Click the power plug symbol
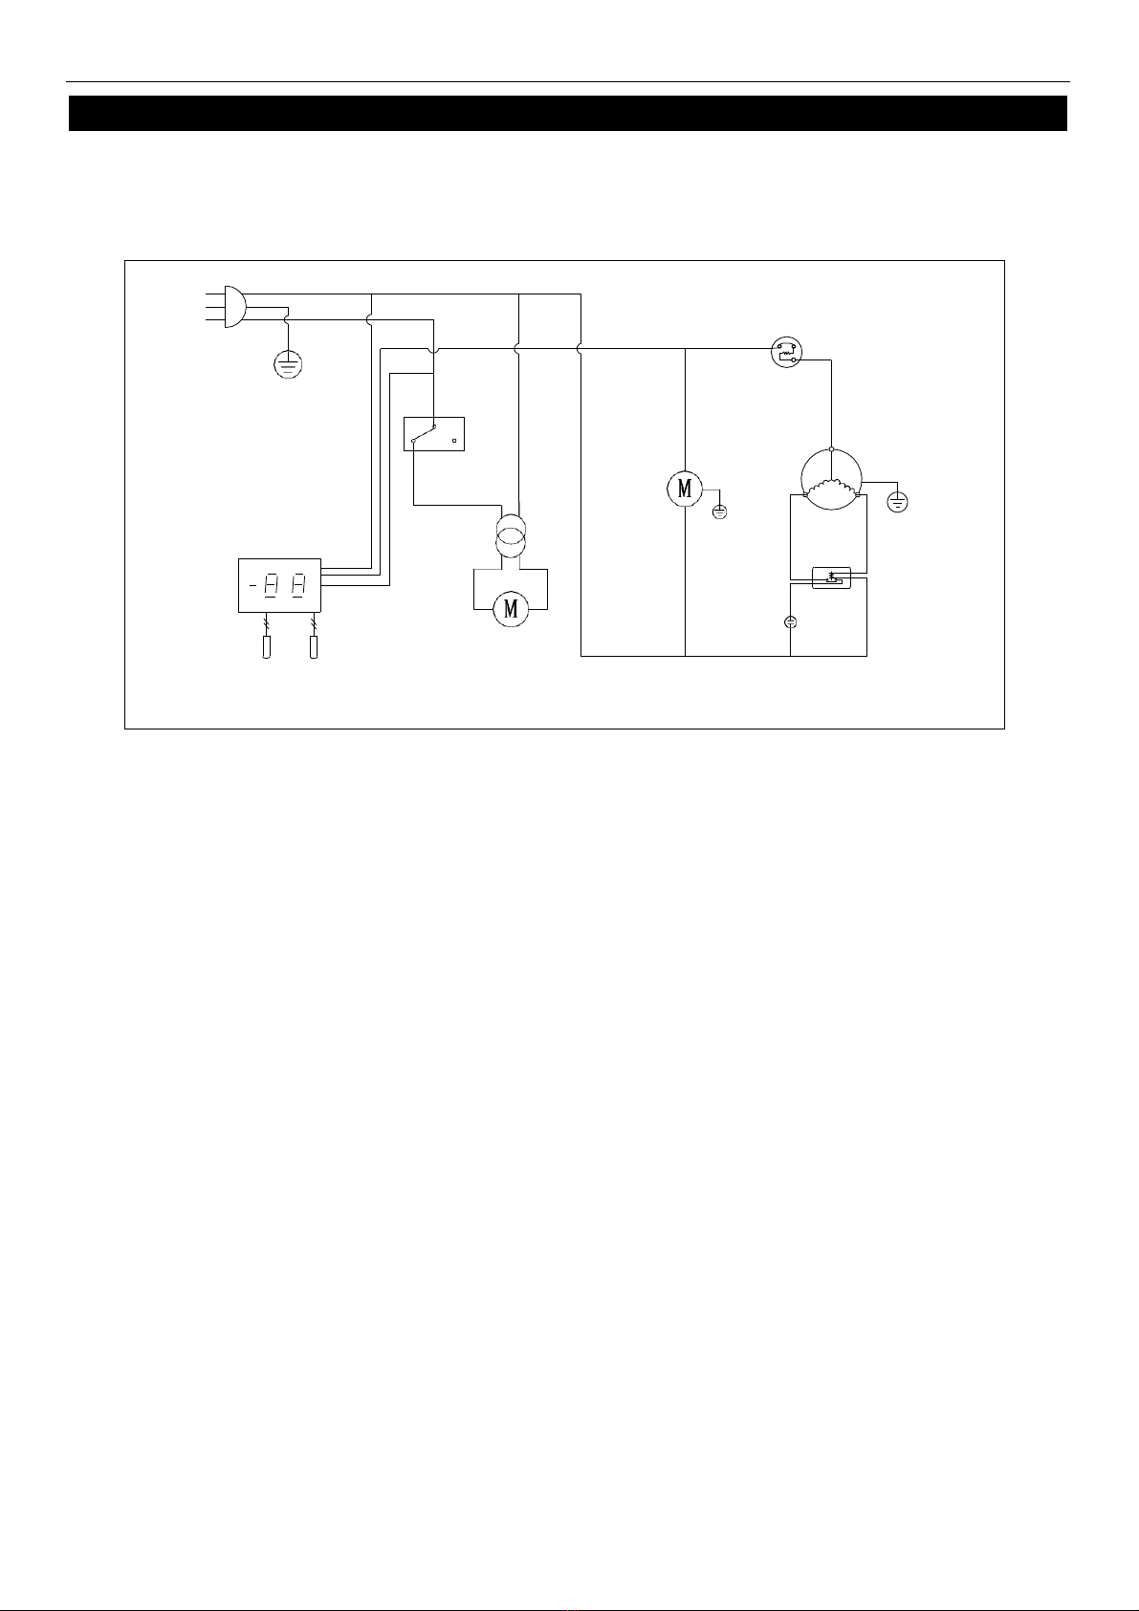[235, 307]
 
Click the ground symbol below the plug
[288, 364]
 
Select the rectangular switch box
[434, 434]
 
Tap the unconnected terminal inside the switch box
[454, 440]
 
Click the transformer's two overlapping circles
[510, 536]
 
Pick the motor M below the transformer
[511, 610]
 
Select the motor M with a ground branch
[685, 490]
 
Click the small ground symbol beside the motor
[719, 512]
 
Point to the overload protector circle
[786, 352]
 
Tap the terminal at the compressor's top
[831, 449]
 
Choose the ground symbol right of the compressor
[897, 501]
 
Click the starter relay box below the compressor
[831, 577]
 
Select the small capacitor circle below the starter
[790, 622]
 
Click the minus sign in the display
[252, 585]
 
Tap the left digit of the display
[270, 585]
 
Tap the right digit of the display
[298, 585]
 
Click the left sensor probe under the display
[266, 646]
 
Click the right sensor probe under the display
[314, 646]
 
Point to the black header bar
[568, 114]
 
